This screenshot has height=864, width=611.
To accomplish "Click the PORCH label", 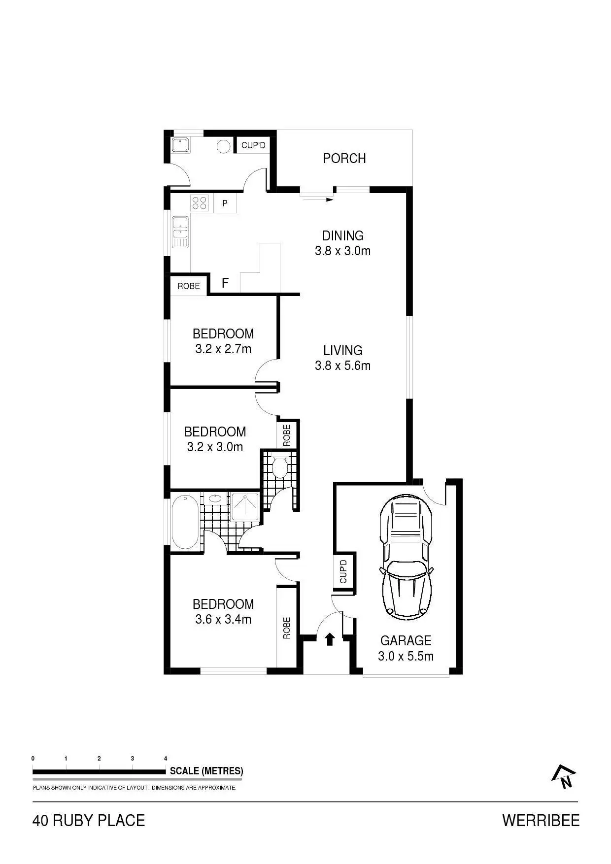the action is (x=344, y=158).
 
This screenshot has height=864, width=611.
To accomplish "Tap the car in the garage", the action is (x=407, y=556).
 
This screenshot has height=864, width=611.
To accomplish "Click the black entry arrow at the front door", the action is (x=330, y=639).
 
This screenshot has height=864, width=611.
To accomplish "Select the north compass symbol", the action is (x=564, y=777).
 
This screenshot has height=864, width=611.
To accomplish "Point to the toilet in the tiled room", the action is (x=280, y=466).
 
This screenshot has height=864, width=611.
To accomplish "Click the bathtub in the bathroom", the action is (x=185, y=522).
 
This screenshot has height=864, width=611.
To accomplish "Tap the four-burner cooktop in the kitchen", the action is (x=200, y=203).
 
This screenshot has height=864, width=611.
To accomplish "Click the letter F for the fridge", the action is (x=225, y=283).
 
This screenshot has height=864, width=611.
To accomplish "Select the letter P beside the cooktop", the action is (x=225, y=203).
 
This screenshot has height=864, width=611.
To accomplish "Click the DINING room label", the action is (x=343, y=235).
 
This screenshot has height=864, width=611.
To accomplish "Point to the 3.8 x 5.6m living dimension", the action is (x=342, y=366).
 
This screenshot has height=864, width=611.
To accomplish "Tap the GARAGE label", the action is (x=406, y=640).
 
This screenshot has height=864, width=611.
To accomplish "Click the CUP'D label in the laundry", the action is (x=253, y=145).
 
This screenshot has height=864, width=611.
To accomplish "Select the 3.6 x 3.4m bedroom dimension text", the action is (x=223, y=619).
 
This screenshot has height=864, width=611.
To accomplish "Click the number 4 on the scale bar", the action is (x=166, y=759).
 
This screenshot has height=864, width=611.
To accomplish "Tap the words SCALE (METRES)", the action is (x=206, y=771).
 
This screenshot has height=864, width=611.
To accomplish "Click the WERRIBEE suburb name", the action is (x=541, y=821).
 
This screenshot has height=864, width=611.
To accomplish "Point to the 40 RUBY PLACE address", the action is (x=89, y=821).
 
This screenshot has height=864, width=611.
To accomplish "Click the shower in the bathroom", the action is (x=244, y=507).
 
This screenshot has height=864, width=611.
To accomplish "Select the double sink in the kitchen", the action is (x=180, y=232).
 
